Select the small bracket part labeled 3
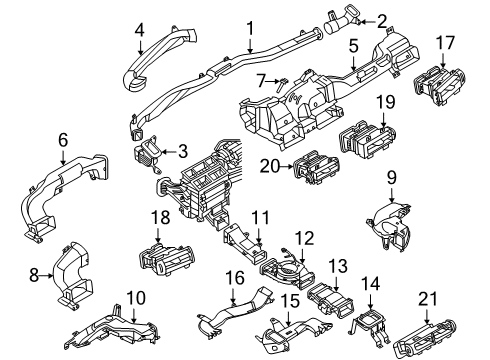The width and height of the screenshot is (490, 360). tap(147, 158)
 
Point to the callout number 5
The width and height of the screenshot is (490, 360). tap(353, 46)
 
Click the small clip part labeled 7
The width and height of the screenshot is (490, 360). tap(273, 85)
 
